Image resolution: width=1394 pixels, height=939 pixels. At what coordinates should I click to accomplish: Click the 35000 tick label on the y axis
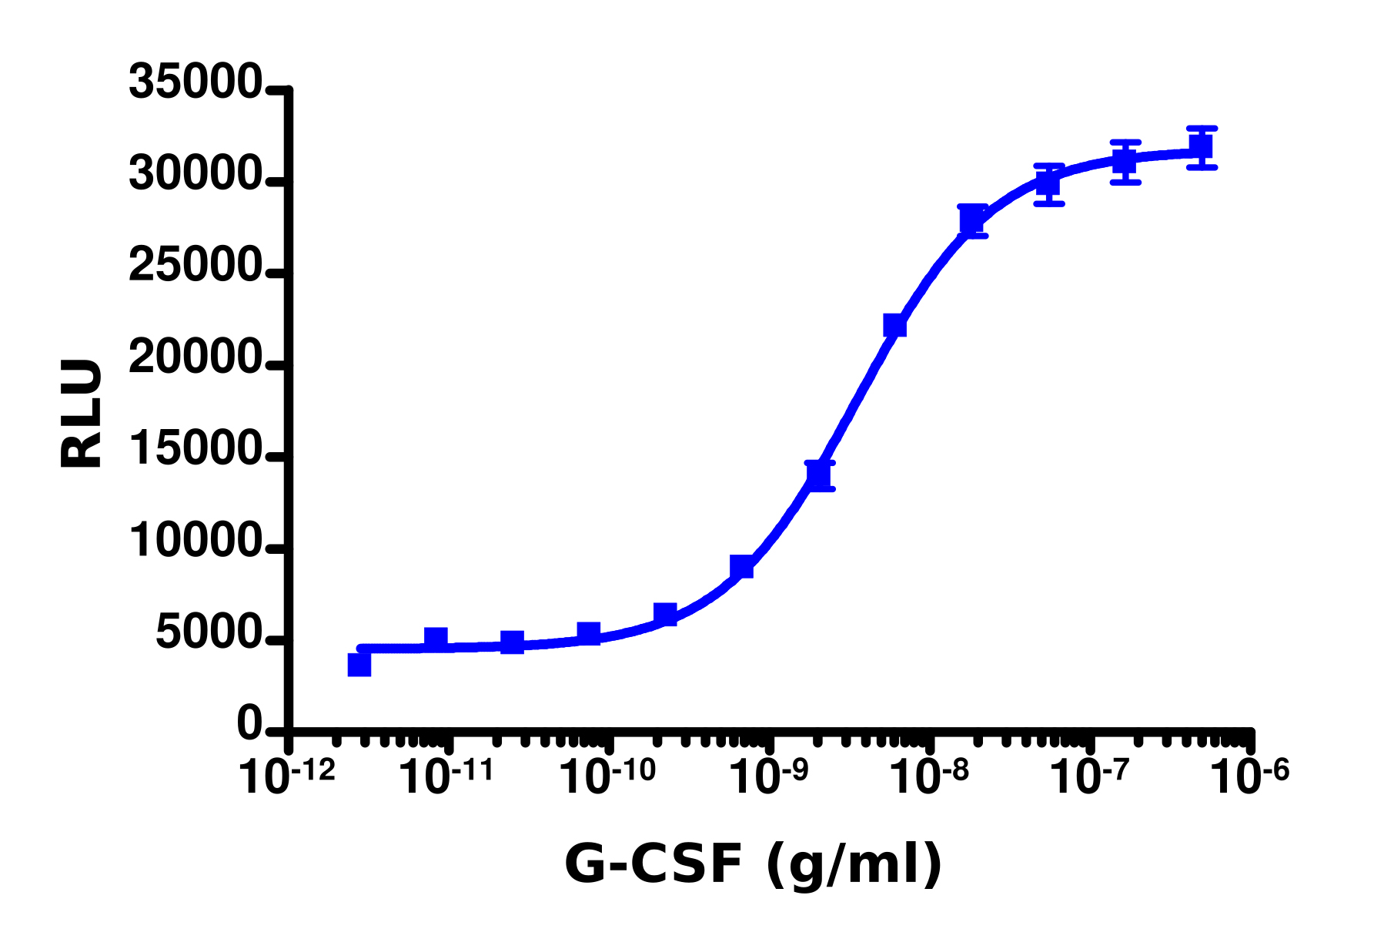point(196,82)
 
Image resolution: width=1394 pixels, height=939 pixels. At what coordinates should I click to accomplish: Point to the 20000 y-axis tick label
point(196,358)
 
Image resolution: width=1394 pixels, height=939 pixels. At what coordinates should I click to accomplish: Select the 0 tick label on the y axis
point(249,725)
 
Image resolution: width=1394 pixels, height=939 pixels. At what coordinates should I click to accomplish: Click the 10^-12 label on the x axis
point(287,776)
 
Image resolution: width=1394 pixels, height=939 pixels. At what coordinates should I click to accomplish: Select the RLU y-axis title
point(81,414)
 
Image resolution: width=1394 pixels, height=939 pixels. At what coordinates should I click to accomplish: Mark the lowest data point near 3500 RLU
point(359,664)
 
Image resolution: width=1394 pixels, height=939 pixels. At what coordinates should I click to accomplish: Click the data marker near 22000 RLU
point(894,325)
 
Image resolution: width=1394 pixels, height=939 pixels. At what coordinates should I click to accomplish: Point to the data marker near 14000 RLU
point(819,475)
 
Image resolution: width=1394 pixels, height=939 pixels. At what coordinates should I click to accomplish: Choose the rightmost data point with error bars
point(1201,146)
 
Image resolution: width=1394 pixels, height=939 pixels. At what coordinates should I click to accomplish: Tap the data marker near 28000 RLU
point(973,220)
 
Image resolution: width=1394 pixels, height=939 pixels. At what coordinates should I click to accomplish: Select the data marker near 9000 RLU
point(741,567)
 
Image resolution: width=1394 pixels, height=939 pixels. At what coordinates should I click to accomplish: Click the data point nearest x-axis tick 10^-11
point(436,638)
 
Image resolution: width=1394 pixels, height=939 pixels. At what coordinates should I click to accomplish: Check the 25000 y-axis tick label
point(196,267)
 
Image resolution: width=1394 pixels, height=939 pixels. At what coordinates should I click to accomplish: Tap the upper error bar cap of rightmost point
point(1201,128)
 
